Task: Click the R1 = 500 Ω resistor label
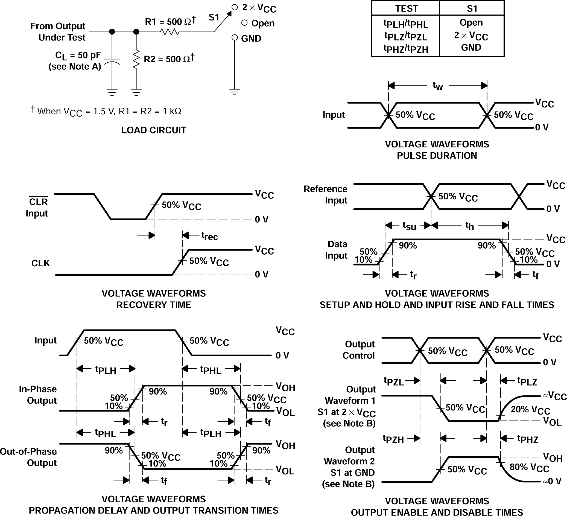click(170, 21)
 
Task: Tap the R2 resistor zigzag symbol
click(136, 59)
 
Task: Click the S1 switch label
click(214, 18)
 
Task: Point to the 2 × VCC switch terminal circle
click(235, 7)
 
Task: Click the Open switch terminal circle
click(244, 23)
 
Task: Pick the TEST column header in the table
click(407, 8)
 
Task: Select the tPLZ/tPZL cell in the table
click(405, 36)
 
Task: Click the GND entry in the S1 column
click(471, 47)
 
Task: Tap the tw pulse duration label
click(438, 86)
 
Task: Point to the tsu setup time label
click(409, 225)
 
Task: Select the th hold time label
click(469, 225)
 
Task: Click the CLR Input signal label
click(37, 207)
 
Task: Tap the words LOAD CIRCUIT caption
click(154, 130)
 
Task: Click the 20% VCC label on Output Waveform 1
click(530, 410)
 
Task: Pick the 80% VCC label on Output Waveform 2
click(529, 468)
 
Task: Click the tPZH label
click(393, 439)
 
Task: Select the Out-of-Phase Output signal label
click(29, 457)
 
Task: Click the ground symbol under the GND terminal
click(234, 92)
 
